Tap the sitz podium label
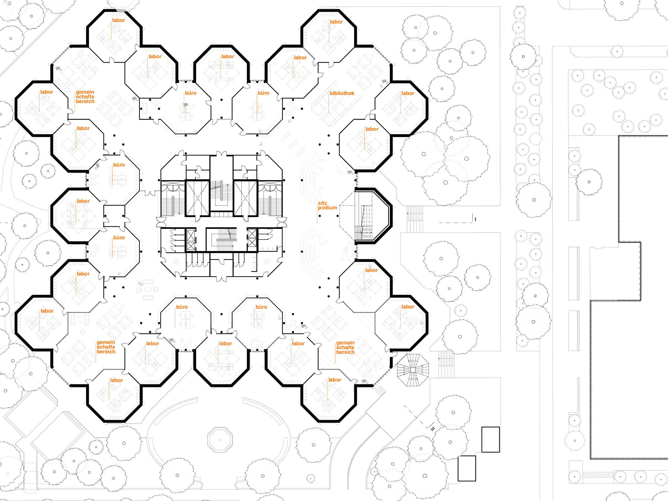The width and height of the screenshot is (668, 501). [327, 205]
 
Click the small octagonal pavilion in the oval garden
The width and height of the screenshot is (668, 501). [220, 440]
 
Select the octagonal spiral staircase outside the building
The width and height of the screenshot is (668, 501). [413, 370]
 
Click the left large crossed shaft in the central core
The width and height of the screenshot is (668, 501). [197, 198]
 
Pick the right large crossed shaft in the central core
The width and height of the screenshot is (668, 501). [246, 198]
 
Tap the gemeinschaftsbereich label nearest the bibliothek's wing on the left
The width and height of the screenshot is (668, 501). [85, 97]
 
